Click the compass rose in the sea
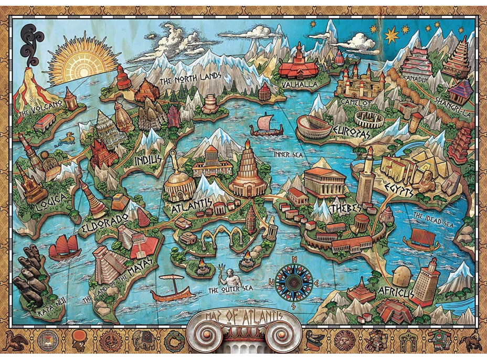294,280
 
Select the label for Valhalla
297,83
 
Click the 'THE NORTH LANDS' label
190,79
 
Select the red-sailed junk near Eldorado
65,246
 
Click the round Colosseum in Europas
314,128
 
